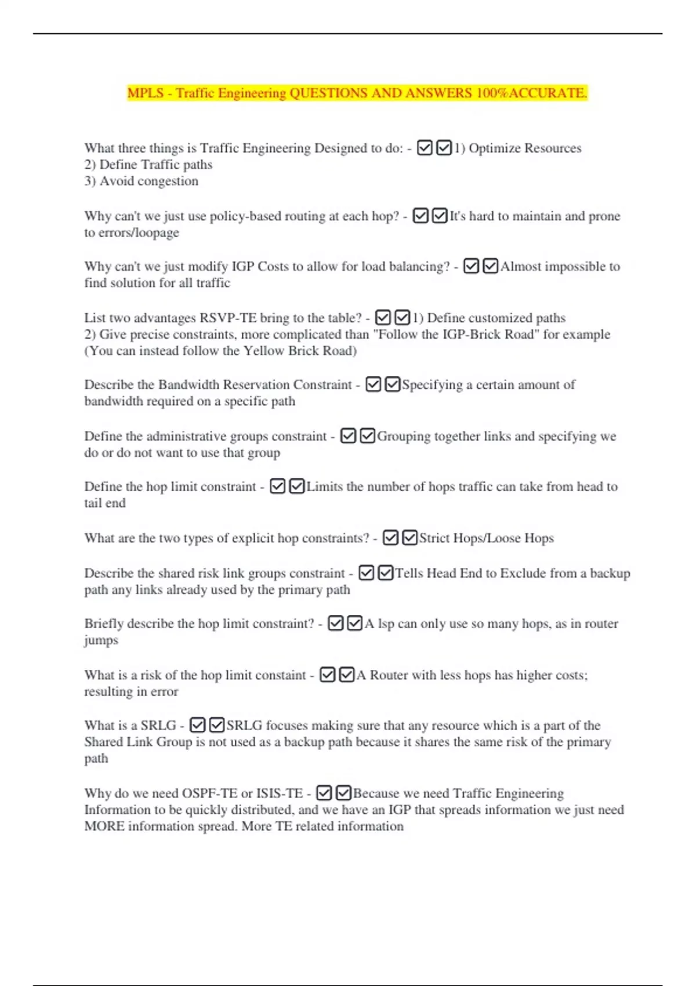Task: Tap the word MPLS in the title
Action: click(x=145, y=93)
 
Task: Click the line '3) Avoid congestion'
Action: click(x=142, y=181)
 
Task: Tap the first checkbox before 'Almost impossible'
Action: click(x=471, y=266)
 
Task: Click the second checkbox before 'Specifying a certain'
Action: click(x=392, y=385)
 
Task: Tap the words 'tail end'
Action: click(x=105, y=503)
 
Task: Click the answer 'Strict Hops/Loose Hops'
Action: click(x=486, y=538)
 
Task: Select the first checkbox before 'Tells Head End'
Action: click(x=366, y=573)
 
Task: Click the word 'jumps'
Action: click(x=101, y=640)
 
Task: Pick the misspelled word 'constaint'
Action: click(x=277, y=675)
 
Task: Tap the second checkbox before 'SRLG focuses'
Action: click(x=216, y=725)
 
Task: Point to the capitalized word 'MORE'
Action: click(x=104, y=826)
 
